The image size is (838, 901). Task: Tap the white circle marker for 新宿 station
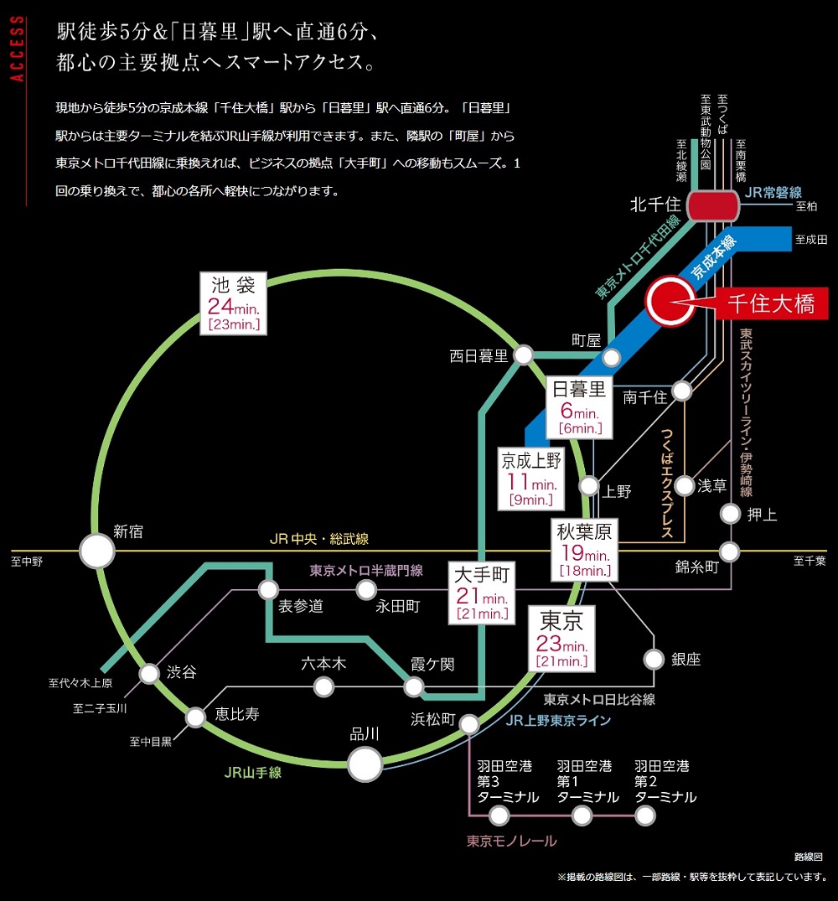[97, 552]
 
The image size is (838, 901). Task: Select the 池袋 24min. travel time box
[235, 303]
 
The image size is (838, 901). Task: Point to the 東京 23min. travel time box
[562, 639]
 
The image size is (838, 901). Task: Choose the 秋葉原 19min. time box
[584, 550]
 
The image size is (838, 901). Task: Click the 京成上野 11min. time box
[531, 479]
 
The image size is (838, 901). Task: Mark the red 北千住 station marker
[712, 205]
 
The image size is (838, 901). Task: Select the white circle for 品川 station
[365, 764]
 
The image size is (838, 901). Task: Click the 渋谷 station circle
[149, 673]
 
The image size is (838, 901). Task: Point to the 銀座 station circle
[654, 658]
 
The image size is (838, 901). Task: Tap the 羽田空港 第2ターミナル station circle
[645, 815]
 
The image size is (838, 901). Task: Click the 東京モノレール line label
[511, 841]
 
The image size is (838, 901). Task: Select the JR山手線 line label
[252, 773]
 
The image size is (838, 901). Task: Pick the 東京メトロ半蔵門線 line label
[366, 570]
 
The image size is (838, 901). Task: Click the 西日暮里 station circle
[524, 355]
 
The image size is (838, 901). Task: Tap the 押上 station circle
[731, 513]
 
